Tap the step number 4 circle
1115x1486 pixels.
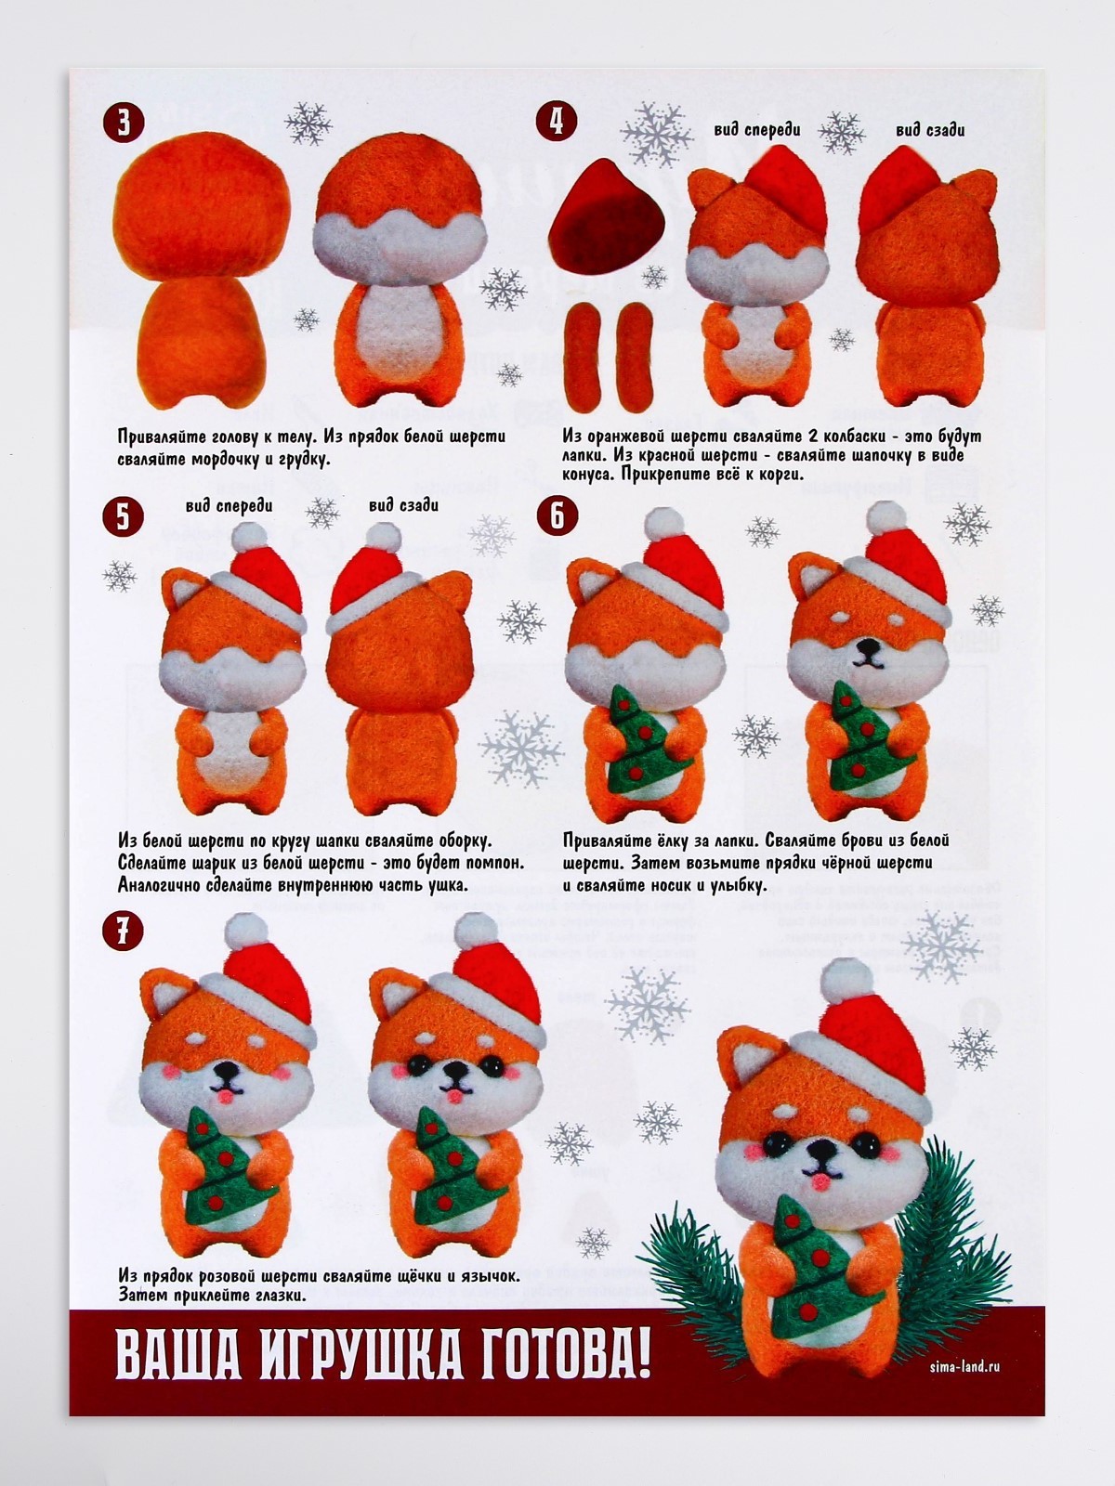pyautogui.click(x=557, y=123)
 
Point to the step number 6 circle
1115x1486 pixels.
pyautogui.click(x=557, y=516)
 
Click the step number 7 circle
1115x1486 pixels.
pyautogui.click(x=124, y=931)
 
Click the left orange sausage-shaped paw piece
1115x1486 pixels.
pyautogui.click(x=584, y=358)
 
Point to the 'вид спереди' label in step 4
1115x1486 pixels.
pyautogui.click(x=757, y=129)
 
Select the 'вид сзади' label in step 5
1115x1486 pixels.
pyautogui.click(x=403, y=505)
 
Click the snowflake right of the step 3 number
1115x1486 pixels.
pyautogui.click(x=308, y=124)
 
